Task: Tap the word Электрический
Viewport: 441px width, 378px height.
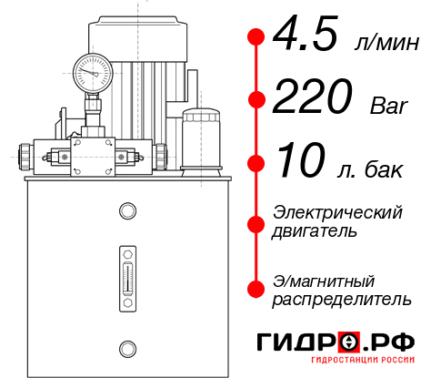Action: coord(337,212)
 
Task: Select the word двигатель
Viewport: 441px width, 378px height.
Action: coord(315,231)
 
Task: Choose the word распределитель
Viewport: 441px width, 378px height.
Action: coord(341,298)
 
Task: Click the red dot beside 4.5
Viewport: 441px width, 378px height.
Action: coord(256,36)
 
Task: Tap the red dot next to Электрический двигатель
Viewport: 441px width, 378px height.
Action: coord(256,221)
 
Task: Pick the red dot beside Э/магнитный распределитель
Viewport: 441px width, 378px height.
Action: coord(256,288)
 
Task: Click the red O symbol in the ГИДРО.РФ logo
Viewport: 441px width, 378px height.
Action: coord(349,342)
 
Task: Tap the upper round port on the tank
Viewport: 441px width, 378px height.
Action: coord(125,212)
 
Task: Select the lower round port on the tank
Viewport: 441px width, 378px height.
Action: coord(125,346)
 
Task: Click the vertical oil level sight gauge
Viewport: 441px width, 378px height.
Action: coord(125,272)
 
